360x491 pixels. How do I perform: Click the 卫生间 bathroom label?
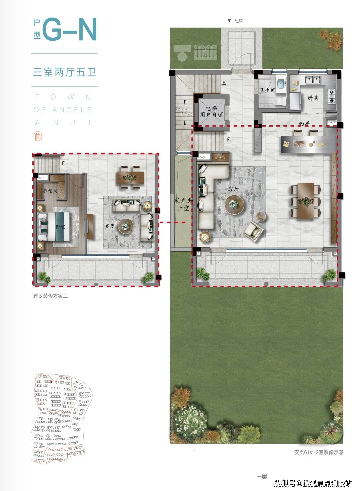tap(267, 90)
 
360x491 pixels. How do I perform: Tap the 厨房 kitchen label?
tap(313, 98)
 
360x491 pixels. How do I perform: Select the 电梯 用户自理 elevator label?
tap(211, 111)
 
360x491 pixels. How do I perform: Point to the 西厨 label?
tap(304, 124)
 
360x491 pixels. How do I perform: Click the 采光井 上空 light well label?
tap(183, 204)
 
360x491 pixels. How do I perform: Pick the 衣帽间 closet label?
tap(50, 191)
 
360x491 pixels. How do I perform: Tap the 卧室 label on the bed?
tap(60, 227)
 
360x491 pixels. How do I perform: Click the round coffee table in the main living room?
tap(235, 204)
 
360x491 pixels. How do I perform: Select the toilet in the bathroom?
tap(278, 101)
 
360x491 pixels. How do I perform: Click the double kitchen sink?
tap(313, 80)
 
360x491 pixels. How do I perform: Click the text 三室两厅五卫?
tap(65, 72)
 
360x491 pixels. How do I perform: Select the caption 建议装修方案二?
tap(50, 296)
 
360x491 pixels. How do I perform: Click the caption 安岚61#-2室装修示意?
tap(319, 452)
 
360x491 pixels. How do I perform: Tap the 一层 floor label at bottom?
tap(262, 477)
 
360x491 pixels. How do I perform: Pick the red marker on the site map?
tap(52, 382)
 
